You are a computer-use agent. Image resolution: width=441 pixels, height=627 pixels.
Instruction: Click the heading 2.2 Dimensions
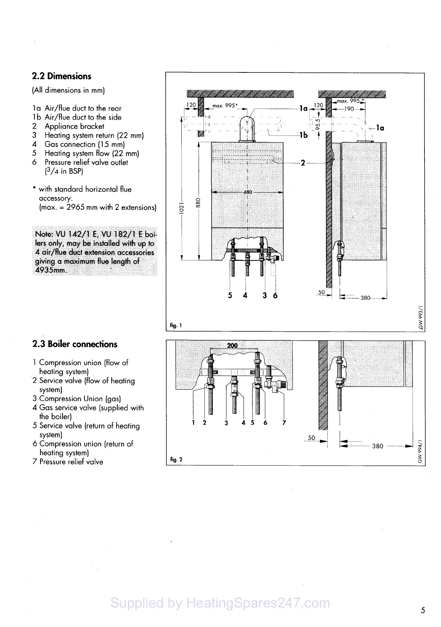pos(61,76)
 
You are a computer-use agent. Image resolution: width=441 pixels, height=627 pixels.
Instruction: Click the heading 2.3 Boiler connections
pos(75,344)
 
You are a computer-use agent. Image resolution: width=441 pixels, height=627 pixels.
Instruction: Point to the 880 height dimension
pos(198,203)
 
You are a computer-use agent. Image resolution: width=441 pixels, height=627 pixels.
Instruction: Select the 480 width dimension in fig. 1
pos(248,192)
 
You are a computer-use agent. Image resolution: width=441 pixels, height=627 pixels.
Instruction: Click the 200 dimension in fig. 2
pos(232,345)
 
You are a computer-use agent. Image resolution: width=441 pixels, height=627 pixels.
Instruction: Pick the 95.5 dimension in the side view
pos(317,123)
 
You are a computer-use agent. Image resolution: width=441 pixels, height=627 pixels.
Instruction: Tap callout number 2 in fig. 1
pos(303,163)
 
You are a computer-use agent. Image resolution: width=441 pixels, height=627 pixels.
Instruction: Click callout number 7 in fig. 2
pos(284,423)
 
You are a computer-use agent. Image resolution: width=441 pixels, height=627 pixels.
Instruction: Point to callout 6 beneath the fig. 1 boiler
pos(275,295)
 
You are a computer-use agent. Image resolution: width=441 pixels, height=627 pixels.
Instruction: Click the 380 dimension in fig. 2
pos(377,446)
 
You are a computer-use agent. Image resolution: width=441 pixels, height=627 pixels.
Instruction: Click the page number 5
pos(423,610)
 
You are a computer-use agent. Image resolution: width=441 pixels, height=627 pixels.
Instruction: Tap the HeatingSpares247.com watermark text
pos(220,603)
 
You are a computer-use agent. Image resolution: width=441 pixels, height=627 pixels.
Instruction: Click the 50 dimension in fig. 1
pos(321,292)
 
